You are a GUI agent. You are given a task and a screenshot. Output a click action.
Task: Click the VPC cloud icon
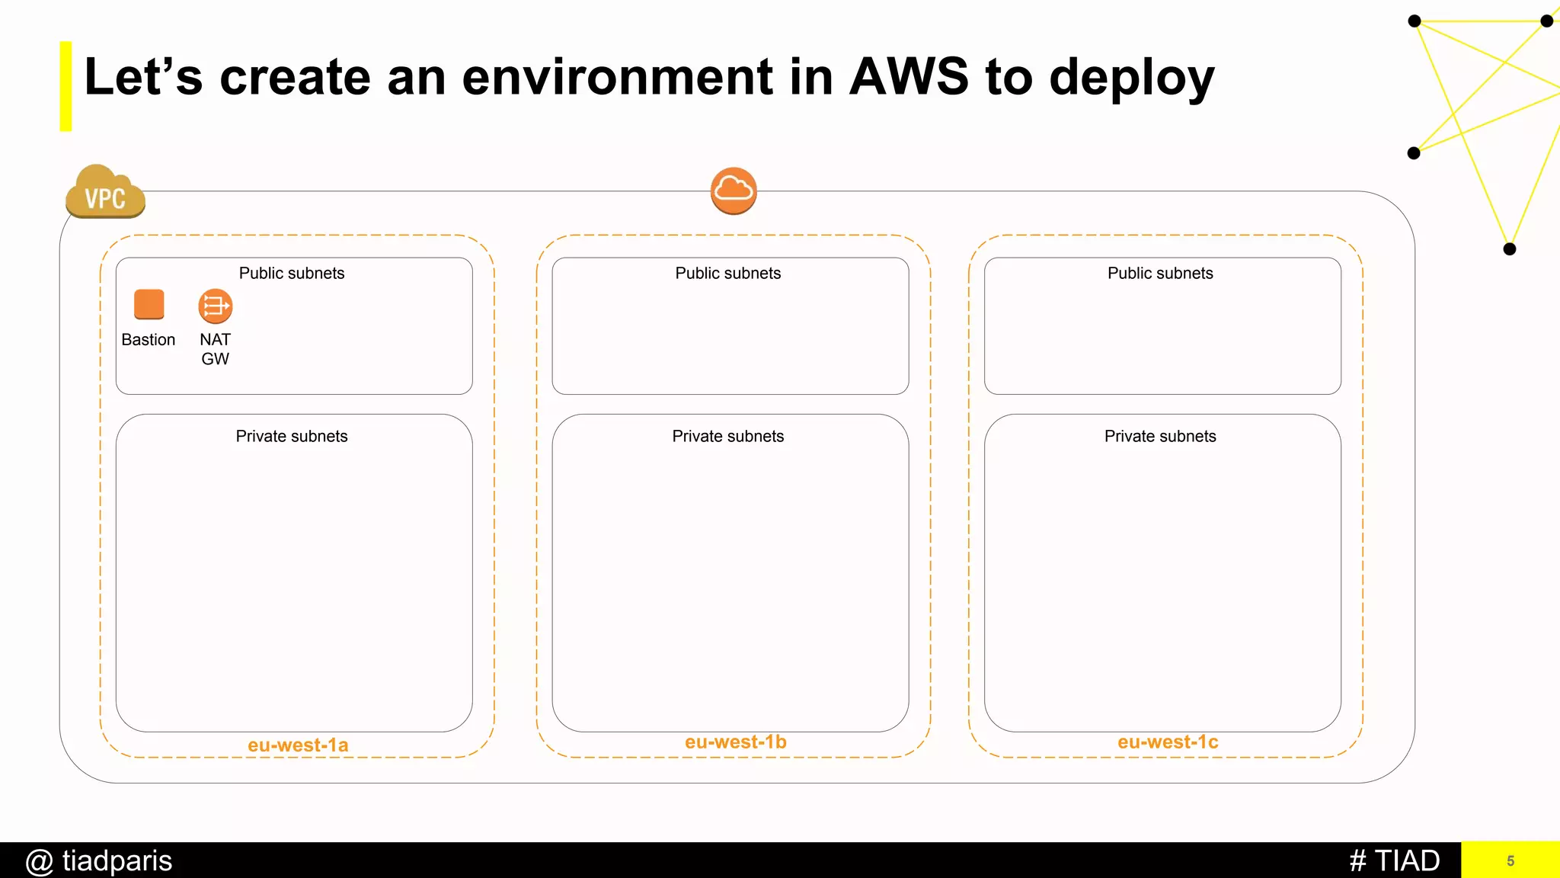105,192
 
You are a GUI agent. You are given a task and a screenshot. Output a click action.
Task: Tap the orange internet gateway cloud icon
734,191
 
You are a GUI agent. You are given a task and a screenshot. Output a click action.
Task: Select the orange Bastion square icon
149,304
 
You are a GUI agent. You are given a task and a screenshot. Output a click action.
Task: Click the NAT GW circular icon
216,306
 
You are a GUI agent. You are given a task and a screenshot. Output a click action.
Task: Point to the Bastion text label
149,340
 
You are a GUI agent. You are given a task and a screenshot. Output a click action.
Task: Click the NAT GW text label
216,349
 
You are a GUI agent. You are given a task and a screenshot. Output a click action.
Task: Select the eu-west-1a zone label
298,745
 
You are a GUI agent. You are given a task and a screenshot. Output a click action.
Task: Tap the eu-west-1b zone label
735,742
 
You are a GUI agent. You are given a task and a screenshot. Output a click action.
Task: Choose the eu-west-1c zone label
1168,742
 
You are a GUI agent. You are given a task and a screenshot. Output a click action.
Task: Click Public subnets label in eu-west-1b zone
728,274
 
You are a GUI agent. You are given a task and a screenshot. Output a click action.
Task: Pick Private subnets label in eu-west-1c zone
1160,437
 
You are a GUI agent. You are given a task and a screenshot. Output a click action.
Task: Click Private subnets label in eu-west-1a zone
292,437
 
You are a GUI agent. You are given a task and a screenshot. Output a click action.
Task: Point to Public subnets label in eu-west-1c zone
1160,274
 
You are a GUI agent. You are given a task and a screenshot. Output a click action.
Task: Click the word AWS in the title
909,77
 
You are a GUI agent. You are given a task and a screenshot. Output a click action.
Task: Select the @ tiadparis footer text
99,861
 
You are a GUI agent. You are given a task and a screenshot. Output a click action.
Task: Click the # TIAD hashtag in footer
1394,861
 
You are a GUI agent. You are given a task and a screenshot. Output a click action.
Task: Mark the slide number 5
1510,861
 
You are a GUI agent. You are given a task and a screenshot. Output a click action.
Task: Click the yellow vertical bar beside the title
66,86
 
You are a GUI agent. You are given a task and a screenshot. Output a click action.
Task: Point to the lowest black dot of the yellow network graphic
1510,249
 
